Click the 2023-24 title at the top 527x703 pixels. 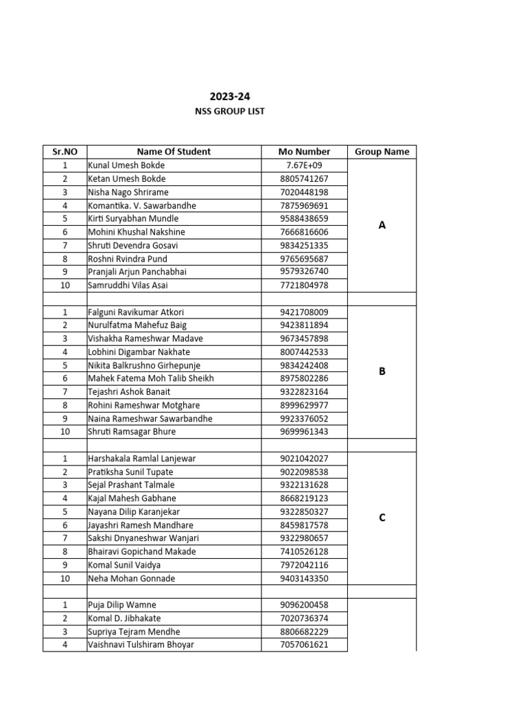(230, 97)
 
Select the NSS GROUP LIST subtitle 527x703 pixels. (230, 111)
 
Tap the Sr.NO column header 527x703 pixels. (65, 152)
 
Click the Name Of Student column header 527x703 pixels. (174, 152)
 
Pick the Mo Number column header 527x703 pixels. (304, 152)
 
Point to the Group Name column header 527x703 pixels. (382, 152)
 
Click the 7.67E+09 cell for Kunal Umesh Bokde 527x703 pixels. (304, 165)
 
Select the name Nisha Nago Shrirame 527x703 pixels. (128, 192)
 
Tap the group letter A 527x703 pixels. (382, 225)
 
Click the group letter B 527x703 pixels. (382, 371)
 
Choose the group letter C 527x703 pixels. (382, 518)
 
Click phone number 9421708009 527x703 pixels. (304, 312)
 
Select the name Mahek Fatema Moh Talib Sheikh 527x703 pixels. (151, 378)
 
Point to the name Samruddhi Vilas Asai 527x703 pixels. (128, 285)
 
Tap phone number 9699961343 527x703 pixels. (304, 432)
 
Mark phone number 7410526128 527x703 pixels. (304, 551)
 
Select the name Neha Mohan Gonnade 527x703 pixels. (132, 579)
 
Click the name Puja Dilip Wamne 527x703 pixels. (122, 605)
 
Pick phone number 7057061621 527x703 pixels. (304, 645)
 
